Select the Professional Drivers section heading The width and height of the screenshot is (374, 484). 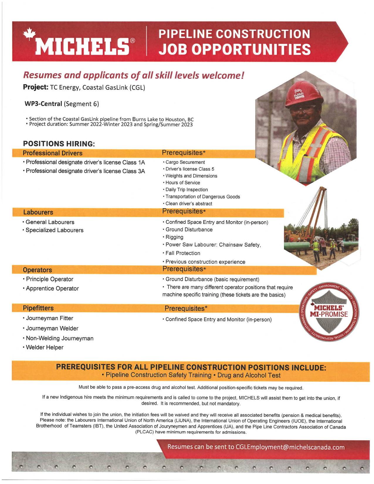53,153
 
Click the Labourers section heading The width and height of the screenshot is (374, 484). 38,212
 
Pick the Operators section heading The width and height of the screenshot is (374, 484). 37,270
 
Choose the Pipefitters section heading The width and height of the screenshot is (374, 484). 38,308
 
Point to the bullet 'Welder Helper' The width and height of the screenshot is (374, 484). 45,347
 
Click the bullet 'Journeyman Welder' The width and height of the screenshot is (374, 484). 52,328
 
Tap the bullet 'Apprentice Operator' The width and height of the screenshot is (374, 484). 52,288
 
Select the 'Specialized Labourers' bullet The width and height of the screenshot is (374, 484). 54,230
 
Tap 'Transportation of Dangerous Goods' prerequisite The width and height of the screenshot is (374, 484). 203,197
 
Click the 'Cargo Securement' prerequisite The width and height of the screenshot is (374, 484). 185,162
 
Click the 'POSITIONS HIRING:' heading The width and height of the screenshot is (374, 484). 59,144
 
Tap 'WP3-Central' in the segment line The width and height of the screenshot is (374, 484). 43,104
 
